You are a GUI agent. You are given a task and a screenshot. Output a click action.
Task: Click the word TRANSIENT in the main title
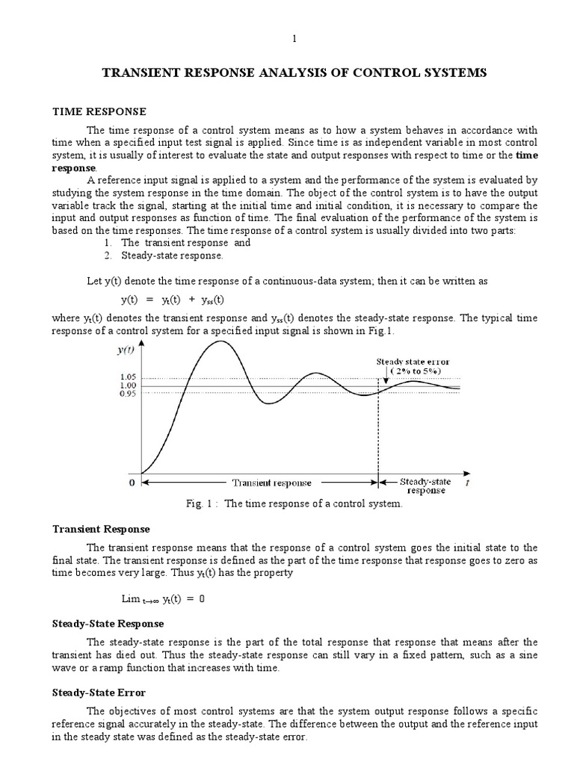pos(143,72)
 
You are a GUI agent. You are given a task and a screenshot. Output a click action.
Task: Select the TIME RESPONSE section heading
pos(99,111)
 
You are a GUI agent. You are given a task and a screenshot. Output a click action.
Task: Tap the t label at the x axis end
pos(467,483)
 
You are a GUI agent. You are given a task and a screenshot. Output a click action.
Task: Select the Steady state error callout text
pos(413,361)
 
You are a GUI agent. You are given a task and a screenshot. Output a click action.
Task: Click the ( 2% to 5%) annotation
pos(413,371)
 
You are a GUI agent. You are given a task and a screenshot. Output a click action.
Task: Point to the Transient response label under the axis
pos(272,483)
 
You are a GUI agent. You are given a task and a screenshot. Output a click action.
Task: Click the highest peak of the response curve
pos(219,341)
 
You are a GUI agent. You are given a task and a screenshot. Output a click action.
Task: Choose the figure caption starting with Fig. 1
pos(294,504)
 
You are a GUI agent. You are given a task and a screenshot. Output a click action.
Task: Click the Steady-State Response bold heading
pos(108,623)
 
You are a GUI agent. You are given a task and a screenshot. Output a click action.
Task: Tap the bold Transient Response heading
pos(101,529)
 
